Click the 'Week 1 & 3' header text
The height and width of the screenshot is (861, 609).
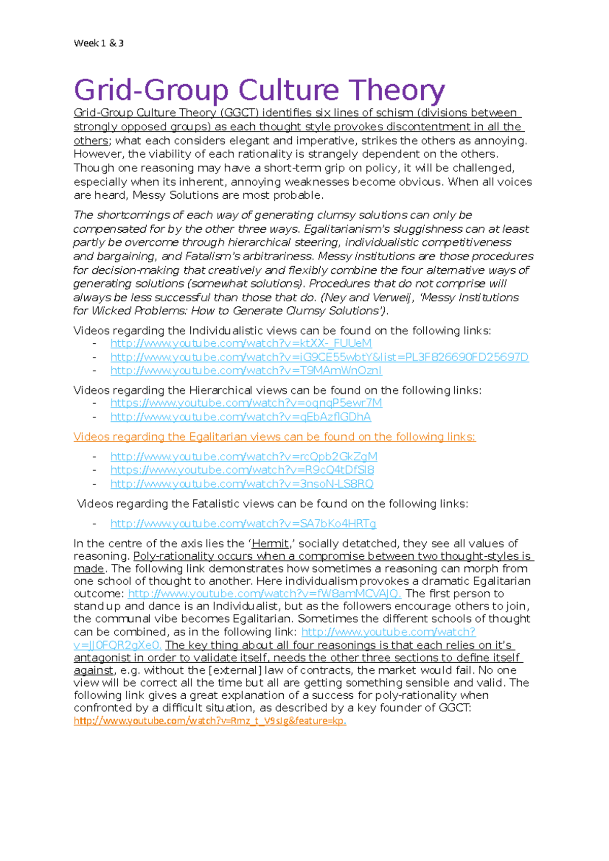(98, 43)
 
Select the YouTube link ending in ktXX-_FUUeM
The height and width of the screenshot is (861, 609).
(241, 343)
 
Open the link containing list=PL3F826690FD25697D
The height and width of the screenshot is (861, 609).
(319, 357)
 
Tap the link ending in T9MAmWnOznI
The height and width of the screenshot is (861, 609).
(246, 371)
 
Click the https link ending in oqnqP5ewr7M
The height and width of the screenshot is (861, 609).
(246, 403)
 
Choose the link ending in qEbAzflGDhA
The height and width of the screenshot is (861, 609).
(241, 417)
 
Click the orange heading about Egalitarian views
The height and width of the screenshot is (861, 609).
(274, 437)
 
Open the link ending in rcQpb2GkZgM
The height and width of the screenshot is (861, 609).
(244, 457)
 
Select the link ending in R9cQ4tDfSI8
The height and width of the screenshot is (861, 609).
(242, 470)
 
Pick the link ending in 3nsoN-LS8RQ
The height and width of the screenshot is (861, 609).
(242, 484)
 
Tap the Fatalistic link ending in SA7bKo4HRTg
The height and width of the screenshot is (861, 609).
(243, 524)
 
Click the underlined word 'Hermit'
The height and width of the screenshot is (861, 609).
(270, 544)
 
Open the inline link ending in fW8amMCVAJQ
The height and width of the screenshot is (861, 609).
(264, 594)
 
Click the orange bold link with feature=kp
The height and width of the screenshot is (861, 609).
(210, 721)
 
